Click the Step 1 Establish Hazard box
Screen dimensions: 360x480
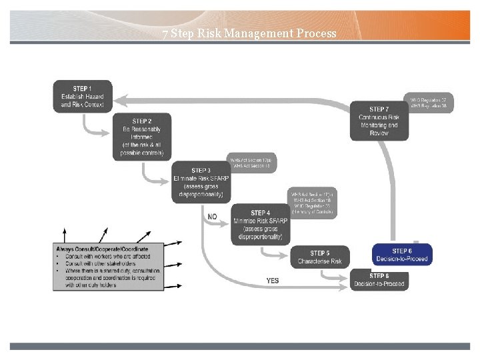(83, 97)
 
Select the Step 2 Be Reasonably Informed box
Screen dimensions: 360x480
(141, 137)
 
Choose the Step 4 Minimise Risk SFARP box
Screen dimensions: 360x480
(261, 225)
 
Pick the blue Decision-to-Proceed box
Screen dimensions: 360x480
(402, 255)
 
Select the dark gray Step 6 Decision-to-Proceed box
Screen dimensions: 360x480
(379, 280)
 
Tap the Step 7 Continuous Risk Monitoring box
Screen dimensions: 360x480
(379, 121)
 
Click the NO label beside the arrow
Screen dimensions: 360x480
(212, 217)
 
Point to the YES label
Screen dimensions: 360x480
(272, 281)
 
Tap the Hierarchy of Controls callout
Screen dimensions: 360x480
(313, 203)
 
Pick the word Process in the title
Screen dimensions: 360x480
(314, 33)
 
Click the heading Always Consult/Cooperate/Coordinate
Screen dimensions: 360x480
(102, 249)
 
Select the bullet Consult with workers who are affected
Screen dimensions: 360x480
(107, 256)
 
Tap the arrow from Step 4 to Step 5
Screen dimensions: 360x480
(273, 253)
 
